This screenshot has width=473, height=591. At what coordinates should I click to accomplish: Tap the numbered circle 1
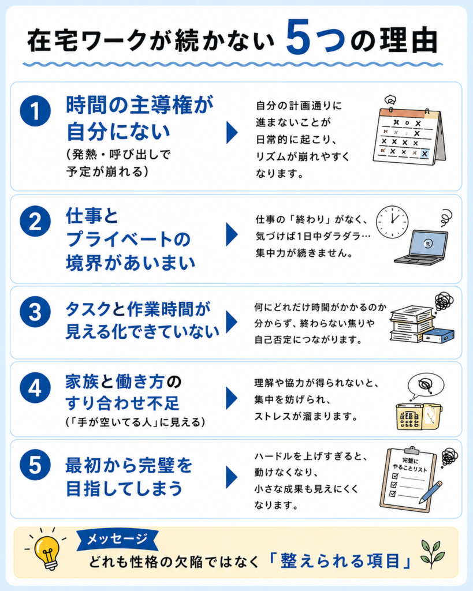(x=35, y=111)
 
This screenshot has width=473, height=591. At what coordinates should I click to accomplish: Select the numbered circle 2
(x=35, y=221)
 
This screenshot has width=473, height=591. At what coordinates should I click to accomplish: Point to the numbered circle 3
(x=35, y=312)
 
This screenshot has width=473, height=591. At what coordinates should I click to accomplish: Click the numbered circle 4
(x=35, y=388)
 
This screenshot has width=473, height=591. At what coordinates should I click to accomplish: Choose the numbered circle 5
(x=35, y=465)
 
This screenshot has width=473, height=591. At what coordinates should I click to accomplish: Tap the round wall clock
(x=392, y=222)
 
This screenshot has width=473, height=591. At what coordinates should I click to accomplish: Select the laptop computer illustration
(x=422, y=247)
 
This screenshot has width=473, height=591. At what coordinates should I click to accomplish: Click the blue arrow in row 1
(x=232, y=132)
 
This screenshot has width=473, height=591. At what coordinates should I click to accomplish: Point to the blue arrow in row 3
(x=232, y=322)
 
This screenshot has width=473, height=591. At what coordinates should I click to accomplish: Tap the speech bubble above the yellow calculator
(x=426, y=385)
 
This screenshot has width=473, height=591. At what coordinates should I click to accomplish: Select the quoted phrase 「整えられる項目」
(x=340, y=561)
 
